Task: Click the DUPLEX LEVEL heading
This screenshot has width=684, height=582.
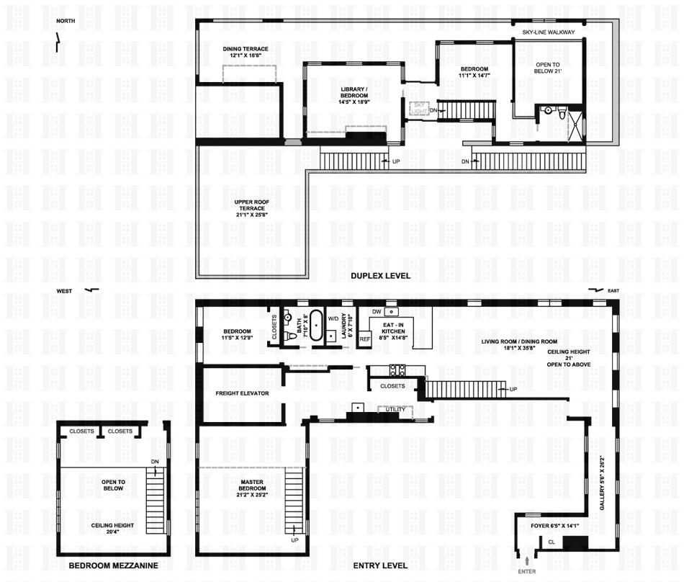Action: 380,276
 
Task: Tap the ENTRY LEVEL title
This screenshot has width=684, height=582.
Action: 380,565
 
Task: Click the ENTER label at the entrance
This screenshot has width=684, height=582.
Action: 527,571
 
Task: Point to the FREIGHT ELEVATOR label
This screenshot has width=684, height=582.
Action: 242,393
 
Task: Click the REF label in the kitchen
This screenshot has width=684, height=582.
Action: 364,339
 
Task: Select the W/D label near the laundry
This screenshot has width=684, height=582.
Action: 333,318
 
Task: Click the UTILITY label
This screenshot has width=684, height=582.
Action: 396,410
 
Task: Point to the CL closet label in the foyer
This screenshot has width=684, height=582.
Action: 552,542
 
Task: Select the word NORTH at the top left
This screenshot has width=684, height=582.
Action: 66,21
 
